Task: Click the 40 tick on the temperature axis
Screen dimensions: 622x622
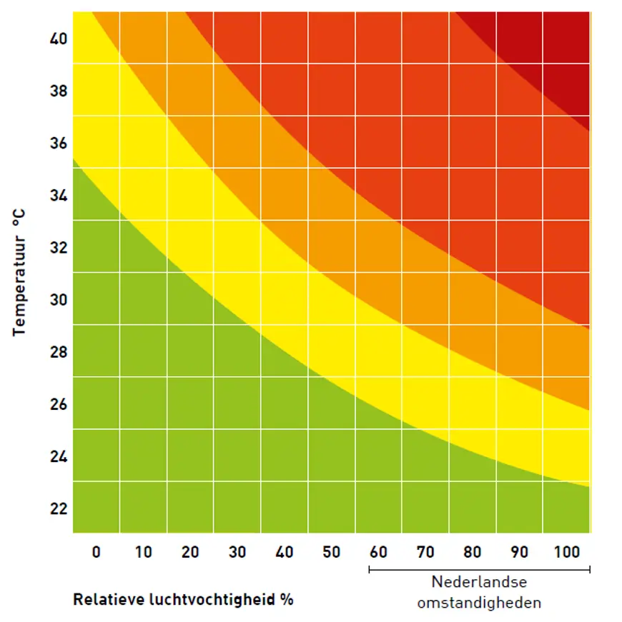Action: point(59,39)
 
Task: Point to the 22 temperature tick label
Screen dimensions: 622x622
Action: point(59,508)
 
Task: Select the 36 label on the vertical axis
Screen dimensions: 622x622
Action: point(59,143)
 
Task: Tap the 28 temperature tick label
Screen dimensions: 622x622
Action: point(59,352)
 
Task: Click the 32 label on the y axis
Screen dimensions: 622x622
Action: point(59,248)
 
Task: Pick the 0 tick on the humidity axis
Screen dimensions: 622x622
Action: point(97,552)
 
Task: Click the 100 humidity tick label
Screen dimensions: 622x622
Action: point(567,552)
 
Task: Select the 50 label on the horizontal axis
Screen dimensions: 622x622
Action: point(331,552)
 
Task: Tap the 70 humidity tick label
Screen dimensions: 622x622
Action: point(425,552)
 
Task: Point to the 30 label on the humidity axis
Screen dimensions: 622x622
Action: point(237,552)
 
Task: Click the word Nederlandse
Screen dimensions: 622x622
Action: point(479,583)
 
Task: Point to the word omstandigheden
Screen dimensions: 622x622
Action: point(479,603)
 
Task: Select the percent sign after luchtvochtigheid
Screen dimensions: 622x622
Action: point(287,599)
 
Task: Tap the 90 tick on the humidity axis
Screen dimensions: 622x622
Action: point(520,552)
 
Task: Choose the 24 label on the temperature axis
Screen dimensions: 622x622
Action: point(59,456)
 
